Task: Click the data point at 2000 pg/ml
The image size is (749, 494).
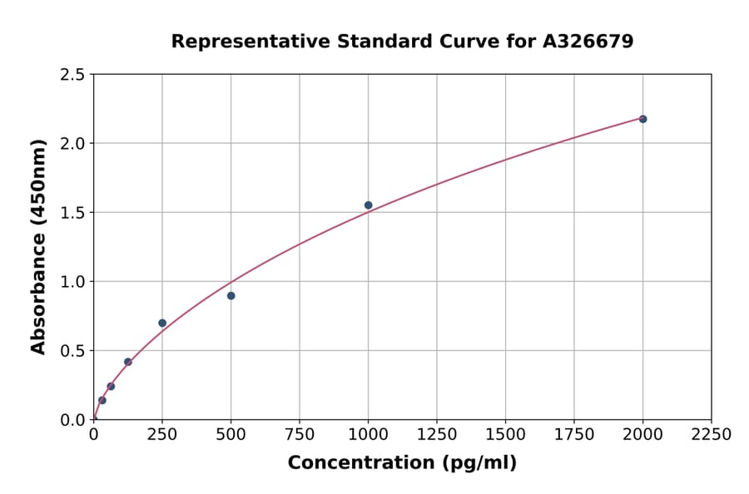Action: (642, 119)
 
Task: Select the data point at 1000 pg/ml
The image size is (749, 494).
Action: (368, 205)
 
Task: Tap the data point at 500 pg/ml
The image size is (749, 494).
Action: (231, 295)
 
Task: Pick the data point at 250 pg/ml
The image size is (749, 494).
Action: (162, 323)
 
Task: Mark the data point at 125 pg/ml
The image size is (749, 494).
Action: (128, 362)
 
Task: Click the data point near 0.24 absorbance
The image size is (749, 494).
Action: (111, 386)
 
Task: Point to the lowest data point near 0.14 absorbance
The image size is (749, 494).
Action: (102, 400)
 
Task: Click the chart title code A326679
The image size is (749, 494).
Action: (589, 41)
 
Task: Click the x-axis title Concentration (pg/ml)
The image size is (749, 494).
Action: (402, 462)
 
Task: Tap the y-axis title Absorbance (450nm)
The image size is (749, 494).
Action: (38, 247)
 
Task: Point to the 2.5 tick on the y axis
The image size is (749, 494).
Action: (72, 75)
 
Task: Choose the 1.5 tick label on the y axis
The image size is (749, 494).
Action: (72, 213)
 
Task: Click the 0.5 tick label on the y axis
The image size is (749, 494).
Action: (72, 351)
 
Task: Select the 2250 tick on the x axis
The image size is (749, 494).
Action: (712, 435)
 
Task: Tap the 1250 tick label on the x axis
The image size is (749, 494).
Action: (437, 435)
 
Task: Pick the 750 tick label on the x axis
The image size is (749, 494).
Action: (300, 435)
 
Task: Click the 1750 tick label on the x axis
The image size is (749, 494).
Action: (574, 435)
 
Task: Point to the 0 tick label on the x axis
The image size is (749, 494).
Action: (93, 435)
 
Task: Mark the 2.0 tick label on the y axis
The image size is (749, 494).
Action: (72, 144)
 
